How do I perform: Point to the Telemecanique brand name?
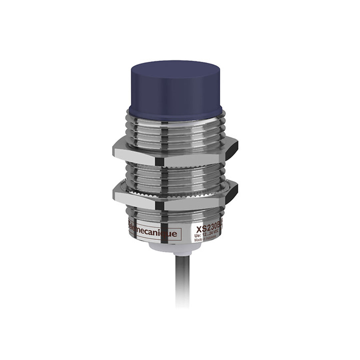pos(153,232)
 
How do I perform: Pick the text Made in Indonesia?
pos(205,238)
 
